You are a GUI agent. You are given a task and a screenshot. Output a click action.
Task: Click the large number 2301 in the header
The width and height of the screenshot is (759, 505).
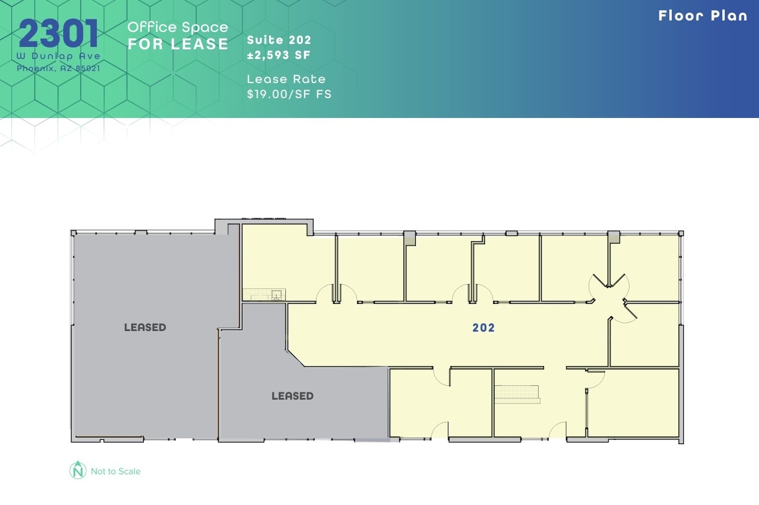tap(58, 34)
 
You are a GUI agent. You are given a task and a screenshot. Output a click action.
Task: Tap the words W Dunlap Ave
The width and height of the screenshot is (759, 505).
tap(58, 56)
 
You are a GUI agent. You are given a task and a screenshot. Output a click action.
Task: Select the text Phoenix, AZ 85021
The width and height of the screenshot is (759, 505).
tap(58, 68)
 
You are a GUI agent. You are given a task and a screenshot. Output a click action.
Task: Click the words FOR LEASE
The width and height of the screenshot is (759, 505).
tap(178, 44)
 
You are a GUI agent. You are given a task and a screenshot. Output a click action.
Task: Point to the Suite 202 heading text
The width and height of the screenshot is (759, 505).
tap(279, 40)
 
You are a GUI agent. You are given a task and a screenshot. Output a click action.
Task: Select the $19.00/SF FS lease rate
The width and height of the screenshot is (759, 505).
tap(289, 94)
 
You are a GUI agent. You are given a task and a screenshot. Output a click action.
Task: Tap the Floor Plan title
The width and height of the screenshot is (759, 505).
tap(702, 16)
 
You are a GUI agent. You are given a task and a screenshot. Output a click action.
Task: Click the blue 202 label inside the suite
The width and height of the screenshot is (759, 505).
tap(483, 327)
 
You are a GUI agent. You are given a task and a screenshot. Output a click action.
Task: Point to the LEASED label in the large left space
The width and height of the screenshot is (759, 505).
tap(145, 327)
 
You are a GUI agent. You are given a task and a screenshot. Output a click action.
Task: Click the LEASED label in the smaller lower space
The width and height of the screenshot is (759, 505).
tap(293, 396)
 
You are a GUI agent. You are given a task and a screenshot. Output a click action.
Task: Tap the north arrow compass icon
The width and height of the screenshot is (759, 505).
tap(78, 470)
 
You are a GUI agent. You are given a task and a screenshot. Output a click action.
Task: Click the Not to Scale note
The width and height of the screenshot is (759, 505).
tap(116, 471)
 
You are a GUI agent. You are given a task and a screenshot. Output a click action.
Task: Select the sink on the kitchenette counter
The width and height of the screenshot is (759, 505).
tap(276, 294)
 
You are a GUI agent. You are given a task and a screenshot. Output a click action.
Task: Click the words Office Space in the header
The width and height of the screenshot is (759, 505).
tap(178, 27)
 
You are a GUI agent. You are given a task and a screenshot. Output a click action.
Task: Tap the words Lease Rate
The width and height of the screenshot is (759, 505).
tap(286, 79)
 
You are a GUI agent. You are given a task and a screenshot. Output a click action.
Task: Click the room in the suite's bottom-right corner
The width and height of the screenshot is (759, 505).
tap(633, 402)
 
